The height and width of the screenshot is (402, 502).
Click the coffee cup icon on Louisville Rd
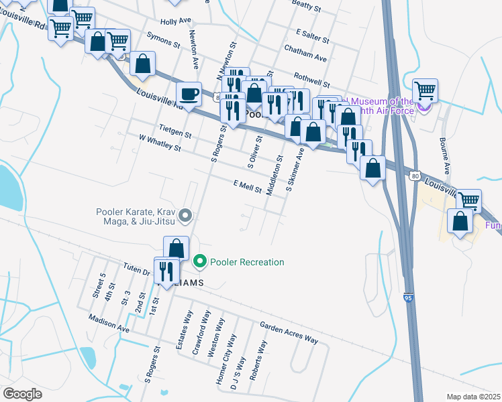click(189, 94)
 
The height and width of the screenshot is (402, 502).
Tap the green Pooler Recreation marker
click(199, 262)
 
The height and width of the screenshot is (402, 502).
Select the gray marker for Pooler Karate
click(187, 216)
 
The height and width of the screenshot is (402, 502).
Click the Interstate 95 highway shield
click(409, 297)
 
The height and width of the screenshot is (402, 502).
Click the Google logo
click(21, 393)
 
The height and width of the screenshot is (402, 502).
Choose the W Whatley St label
click(160, 142)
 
